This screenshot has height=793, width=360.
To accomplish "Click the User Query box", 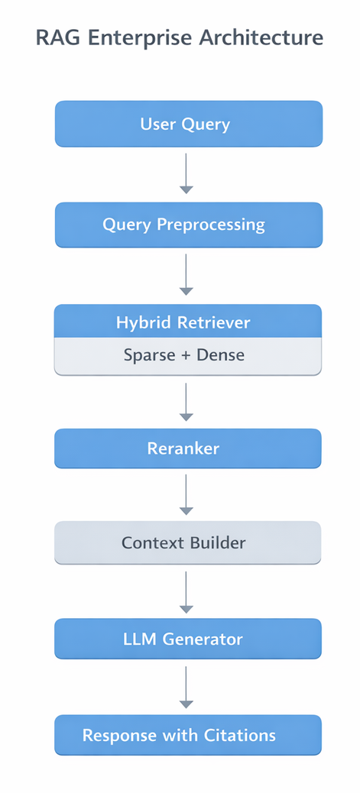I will tap(188, 124).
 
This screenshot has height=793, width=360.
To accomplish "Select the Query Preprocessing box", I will tap(188, 225).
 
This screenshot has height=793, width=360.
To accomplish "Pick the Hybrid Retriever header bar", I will tap(188, 322).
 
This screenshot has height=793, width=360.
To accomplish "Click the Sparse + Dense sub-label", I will tap(188, 355).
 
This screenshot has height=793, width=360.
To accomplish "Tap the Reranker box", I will tap(188, 448).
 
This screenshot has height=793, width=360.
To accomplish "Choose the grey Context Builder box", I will tap(188, 542).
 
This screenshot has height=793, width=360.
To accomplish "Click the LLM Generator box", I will tap(188, 639).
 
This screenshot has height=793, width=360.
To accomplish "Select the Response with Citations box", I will tap(188, 735).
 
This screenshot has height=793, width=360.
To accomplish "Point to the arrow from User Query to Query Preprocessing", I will tap(186, 173).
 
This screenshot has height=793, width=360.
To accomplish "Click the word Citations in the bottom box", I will tap(239, 735).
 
